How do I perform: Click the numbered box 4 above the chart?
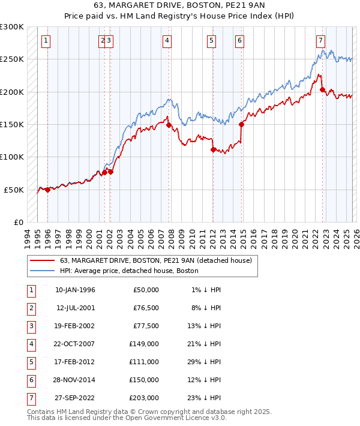(x=166, y=41)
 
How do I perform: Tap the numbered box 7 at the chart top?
(x=321, y=41)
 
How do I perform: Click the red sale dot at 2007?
(x=169, y=125)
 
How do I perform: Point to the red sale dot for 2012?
(x=213, y=150)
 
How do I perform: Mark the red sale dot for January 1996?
(x=47, y=190)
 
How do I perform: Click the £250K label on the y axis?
(x=12, y=59)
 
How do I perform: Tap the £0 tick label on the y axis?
(x=18, y=222)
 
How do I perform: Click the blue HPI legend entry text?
(x=129, y=271)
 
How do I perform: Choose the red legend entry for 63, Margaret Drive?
(x=159, y=260)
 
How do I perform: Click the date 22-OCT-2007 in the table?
(x=75, y=344)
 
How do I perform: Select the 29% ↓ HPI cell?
(x=203, y=362)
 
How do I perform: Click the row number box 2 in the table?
(x=30, y=308)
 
